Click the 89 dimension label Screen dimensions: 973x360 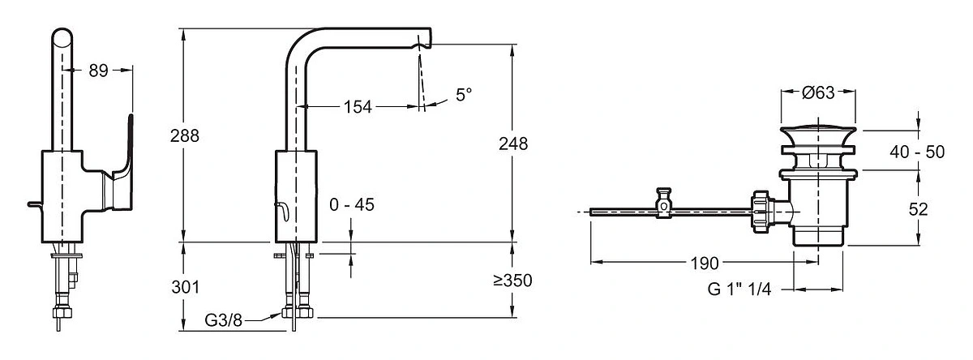pyautogui.click(x=98, y=71)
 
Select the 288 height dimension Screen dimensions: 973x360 pyautogui.click(x=185, y=136)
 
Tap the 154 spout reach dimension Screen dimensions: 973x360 pyautogui.click(x=358, y=107)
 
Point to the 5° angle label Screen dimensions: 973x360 pyautogui.click(x=464, y=95)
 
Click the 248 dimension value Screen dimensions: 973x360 pyautogui.click(x=513, y=144)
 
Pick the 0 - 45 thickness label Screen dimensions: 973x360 pyautogui.click(x=352, y=204)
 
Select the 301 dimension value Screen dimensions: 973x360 pyautogui.click(x=186, y=287)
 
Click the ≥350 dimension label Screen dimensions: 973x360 pyautogui.click(x=512, y=281)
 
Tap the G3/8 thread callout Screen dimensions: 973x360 pyautogui.click(x=223, y=320)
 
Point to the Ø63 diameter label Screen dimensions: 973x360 pyautogui.click(x=818, y=92)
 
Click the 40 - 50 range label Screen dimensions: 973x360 pyautogui.click(x=917, y=152)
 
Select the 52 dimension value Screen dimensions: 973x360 pyautogui.click(x=918, y=209)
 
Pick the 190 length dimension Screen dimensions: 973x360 pyautogui.click(x=705, y=264)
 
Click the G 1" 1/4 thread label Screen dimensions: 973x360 pyautogui.click(x=739, y=289)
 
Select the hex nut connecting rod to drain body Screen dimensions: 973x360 pyautogui.click(x=762, y=212)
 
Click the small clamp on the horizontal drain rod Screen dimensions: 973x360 pyautogui.click(x=664, y=203)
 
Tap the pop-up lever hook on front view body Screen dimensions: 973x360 pyautogui.click(x=282, y=212)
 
